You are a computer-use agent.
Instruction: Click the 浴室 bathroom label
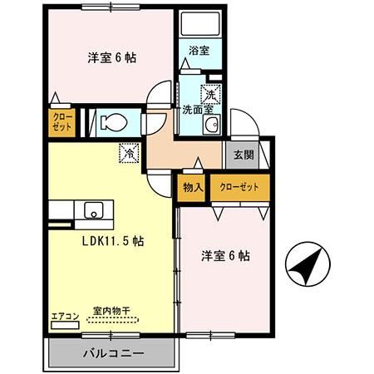[x=199, y=51]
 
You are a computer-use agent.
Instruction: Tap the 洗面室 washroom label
[x=198, y=108]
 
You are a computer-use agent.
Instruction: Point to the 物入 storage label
[x=193, y=187]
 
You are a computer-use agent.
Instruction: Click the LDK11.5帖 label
[x=113, y=241]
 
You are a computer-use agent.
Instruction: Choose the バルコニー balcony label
[x=114, y=353]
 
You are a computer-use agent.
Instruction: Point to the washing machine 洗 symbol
[x=212, y=93]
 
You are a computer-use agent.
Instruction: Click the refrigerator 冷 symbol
[x=130, y=153]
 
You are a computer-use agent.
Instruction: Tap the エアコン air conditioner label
[x=64, y=316]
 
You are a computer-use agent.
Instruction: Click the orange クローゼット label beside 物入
[x=239, y=187]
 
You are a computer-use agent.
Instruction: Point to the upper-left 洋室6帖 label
[x=112, y=58]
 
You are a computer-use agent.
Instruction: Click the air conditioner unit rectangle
[x=64, y=325]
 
